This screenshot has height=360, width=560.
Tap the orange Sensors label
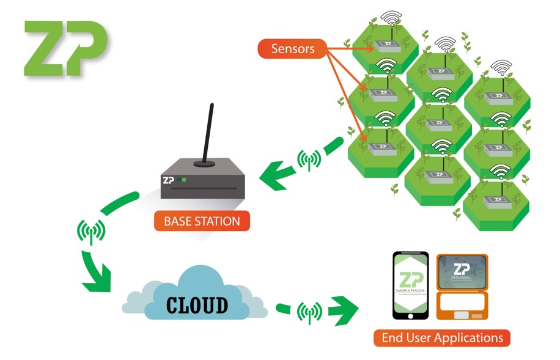tap(293, 48)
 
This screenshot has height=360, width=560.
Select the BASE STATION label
tap(202, 221)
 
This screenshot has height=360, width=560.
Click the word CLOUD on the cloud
tap(197, 304)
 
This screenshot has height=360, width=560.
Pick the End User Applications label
tap(442, 337)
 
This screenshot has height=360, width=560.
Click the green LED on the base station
tap(184, 180)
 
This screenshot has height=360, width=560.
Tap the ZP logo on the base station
tap(169, 180)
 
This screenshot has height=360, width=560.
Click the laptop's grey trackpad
tap(462, 314)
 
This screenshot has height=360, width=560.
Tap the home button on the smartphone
tap(410, 315)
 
